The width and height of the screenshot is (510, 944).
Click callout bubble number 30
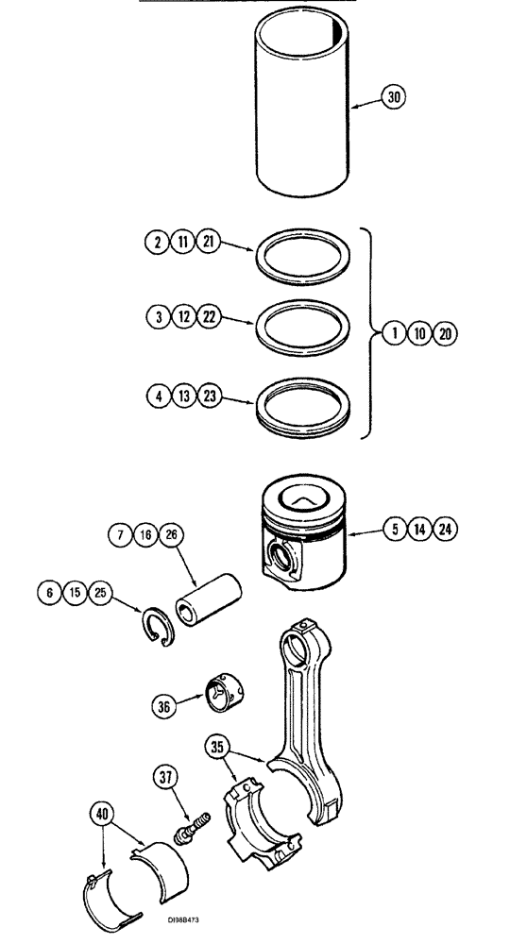(395, 97)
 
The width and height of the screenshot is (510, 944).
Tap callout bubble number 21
(209, 242)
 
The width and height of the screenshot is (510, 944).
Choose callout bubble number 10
(419, 333)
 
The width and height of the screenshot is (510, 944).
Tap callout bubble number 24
(444, 530)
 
